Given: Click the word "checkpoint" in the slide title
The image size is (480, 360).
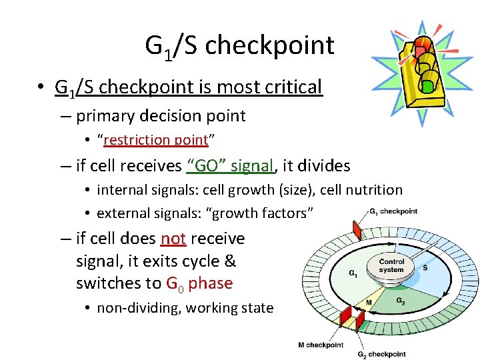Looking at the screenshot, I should [270, 45].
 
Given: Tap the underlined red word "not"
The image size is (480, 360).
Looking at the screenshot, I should [173, 238].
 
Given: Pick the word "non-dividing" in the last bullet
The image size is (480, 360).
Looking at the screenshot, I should [139, 307].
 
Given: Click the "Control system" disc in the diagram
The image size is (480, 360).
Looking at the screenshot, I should [391, 266].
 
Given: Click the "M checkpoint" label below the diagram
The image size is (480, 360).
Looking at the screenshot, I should [321, 345].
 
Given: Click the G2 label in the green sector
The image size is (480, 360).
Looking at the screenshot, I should [400, 301].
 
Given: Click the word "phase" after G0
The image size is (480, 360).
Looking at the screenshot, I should [210, 283].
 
